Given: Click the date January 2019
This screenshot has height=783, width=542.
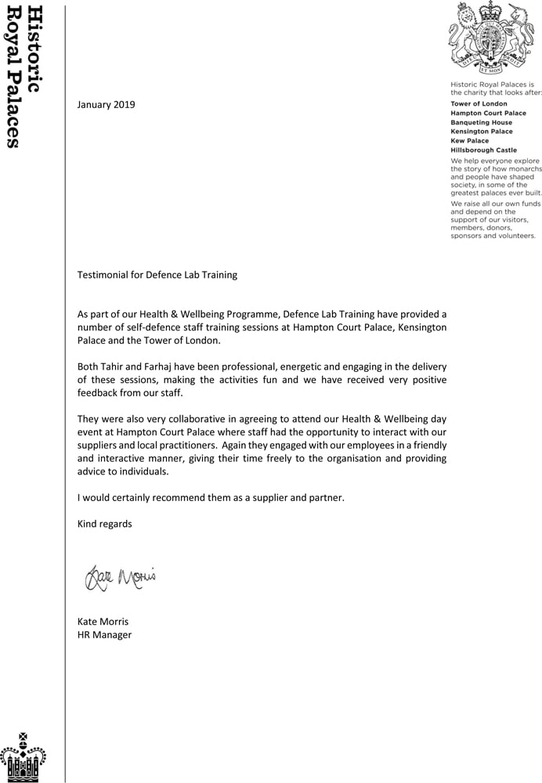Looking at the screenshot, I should pyautogui.click(x=106, y=104).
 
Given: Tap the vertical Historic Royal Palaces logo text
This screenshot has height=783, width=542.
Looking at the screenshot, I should pyautogui.click(x=23, y=77).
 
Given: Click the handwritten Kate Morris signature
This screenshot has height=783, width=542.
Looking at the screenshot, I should pyautogui.click(x=120, y=579).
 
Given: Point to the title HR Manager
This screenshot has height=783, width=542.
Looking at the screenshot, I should pyautogui.click(x=104, y=634).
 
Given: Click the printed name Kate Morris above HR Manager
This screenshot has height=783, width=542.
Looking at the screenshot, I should pyautogui.click(x=102, y=621).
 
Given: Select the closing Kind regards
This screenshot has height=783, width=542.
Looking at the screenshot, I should pyautogui.click(x=104, y=523).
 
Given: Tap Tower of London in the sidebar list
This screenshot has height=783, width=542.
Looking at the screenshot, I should pyautogui.click(x=479, y=103).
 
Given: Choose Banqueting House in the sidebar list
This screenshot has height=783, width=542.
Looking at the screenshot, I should pyautogui.click(x=481, y=122).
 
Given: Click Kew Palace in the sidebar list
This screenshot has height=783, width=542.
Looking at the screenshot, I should pyautogui.click(x=469, y=141).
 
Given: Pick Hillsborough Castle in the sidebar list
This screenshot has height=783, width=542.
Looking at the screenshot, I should pyautogui.click(x=483, y=150).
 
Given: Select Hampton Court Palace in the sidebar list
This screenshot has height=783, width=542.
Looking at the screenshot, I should pyautogui.click(x=488, y=113).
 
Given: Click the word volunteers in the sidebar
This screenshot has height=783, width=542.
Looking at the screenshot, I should pyautogui.click(x=512, y=235).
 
